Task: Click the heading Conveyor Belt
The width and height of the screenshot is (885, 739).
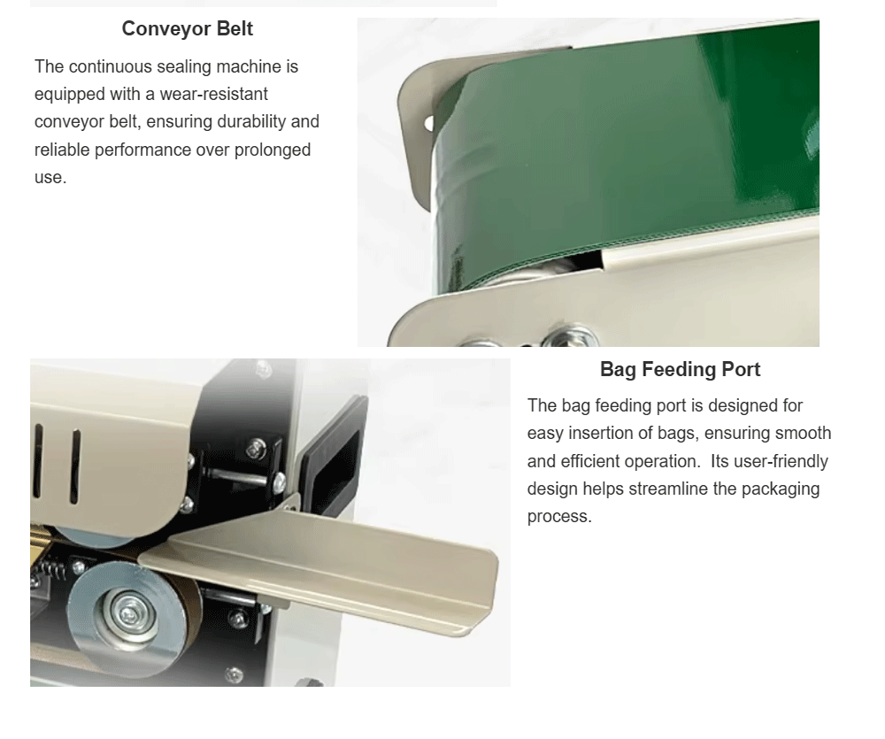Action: tap(187, 29)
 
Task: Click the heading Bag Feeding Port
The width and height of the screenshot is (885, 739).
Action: tap(680, 369)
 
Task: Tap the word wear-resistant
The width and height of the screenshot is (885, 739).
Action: tap(214, 94)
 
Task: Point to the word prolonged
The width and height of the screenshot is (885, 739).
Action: tap(273, 150)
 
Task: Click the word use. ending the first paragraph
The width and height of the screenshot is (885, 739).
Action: tap(50, 177)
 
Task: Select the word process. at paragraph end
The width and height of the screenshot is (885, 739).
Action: tap(559, 516)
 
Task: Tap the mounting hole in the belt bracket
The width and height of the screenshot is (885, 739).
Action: tap(428, 122)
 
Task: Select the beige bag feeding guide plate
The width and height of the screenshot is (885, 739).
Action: tap(322, 567)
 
